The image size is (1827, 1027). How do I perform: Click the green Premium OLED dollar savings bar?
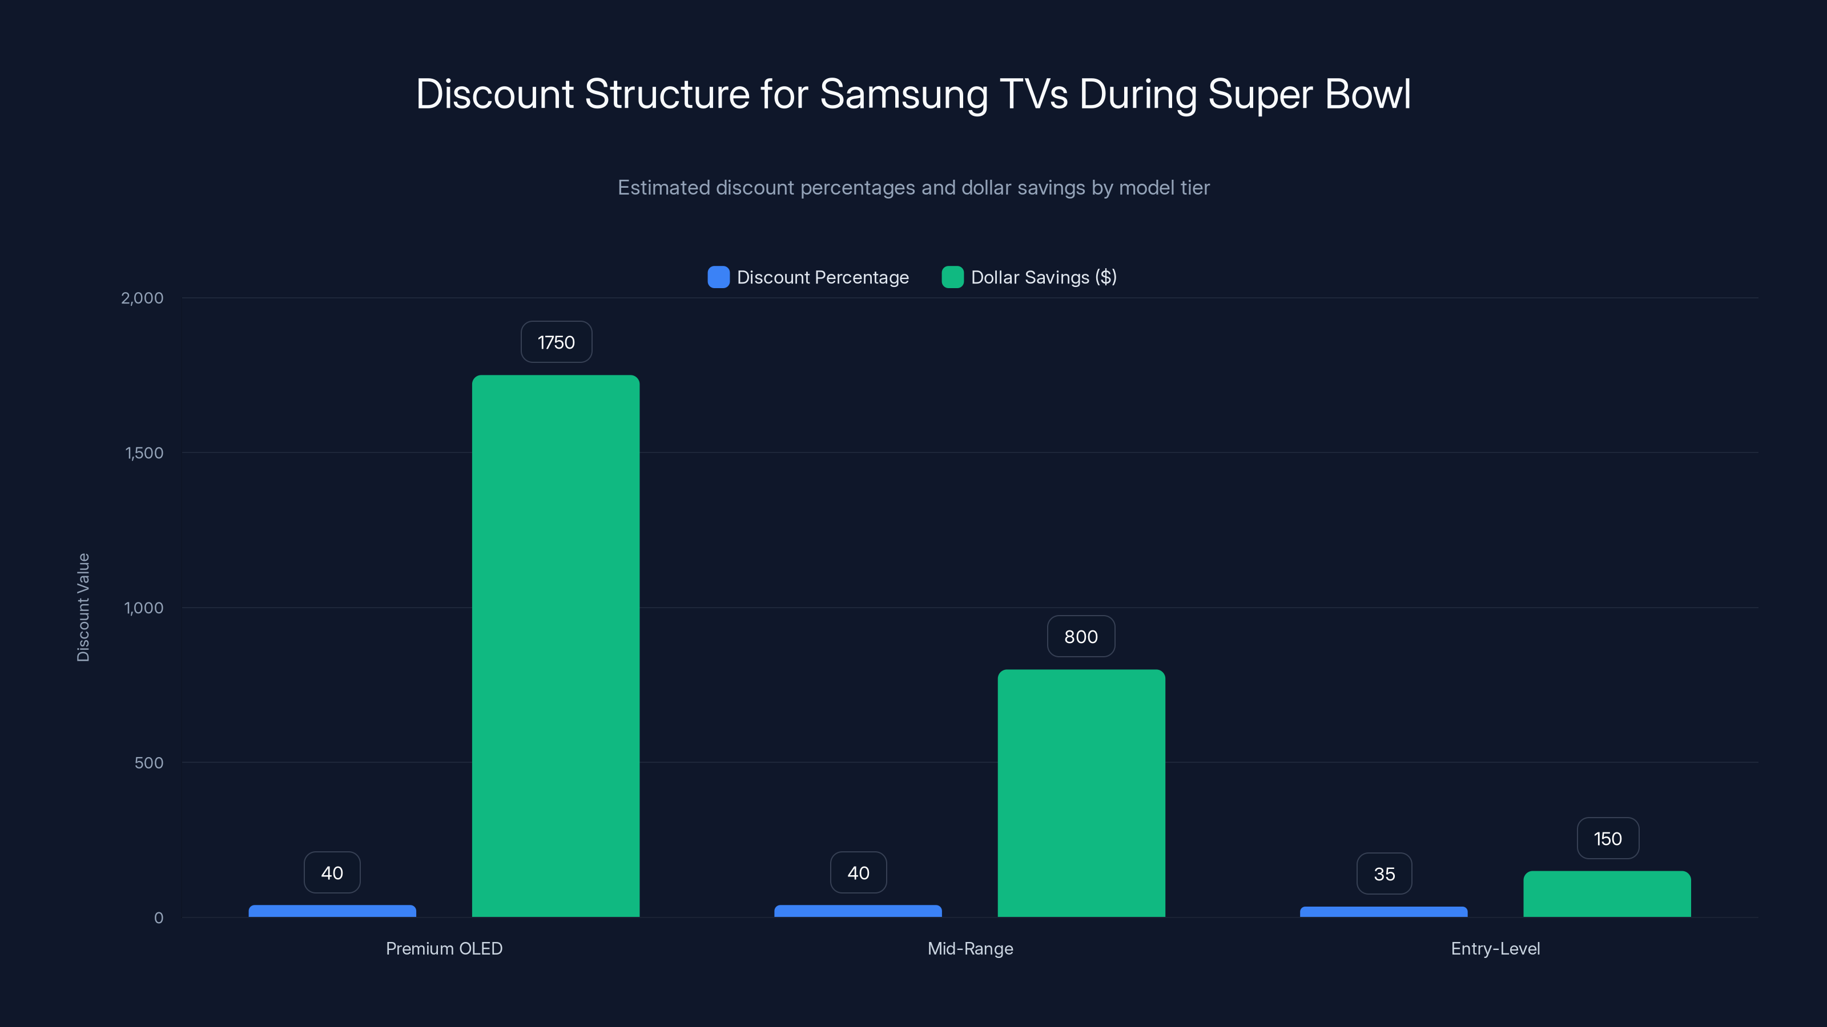pos(556,645)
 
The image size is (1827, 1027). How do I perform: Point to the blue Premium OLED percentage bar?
pos(332,911)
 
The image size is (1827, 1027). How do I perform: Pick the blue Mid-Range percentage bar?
pos(858,911)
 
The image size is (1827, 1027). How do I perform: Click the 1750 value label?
pos(556,342)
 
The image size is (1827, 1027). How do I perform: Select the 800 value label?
pos(1081,637)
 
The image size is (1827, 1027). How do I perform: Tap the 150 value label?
pos(1607,839)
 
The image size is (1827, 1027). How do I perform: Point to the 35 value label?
pos(1384,874)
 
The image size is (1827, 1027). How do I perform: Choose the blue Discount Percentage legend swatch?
pos(718,277)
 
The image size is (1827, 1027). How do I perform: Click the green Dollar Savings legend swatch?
pos(952,277)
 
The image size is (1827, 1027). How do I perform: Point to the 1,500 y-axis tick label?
pos(144,453)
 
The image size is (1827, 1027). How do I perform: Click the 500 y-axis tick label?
pos(149,763)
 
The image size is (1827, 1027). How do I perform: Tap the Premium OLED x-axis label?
pos(444,948)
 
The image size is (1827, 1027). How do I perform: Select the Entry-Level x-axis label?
pos(1495,948)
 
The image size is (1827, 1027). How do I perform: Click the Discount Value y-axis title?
pos(83,608)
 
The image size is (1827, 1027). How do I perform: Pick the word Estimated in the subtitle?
pos(663,188)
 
